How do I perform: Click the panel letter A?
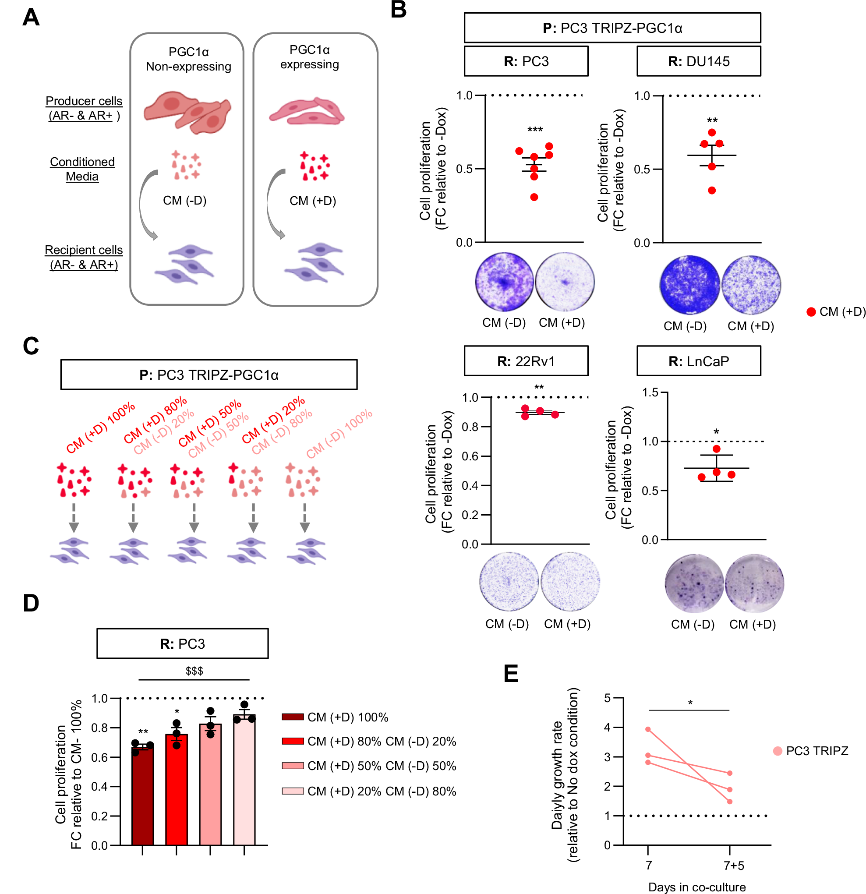[31, 18]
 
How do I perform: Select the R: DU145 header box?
[698, 61]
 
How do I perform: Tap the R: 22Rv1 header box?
[526, 361]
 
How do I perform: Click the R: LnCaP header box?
[698, 361]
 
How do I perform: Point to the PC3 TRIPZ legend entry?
[817, 751]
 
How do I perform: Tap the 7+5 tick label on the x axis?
[734, 866]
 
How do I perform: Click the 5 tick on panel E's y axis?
[607, 698]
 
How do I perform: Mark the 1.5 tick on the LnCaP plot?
[650, 393]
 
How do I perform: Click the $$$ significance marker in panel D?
[194, 671]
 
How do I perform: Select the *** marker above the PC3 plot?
[535, 130]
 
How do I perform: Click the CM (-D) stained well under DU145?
[689, 285]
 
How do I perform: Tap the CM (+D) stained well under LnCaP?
[754, 583]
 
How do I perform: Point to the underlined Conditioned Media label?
[82, 169]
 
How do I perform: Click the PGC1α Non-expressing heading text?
[188, 59]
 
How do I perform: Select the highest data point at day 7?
[648, 729]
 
